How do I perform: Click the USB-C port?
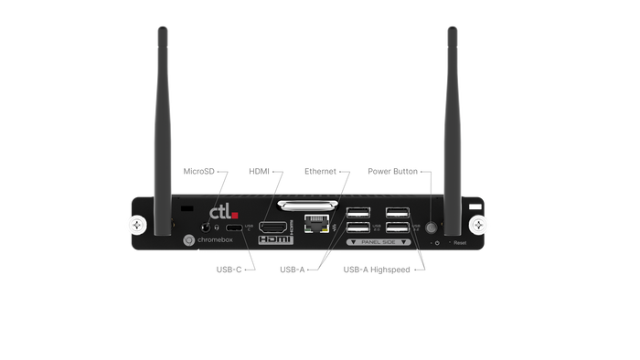tap(235, 227)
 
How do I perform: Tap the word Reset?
tap(460, 243)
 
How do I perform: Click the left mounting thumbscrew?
tap(137, 223)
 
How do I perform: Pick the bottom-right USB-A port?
tap(399, 230)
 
